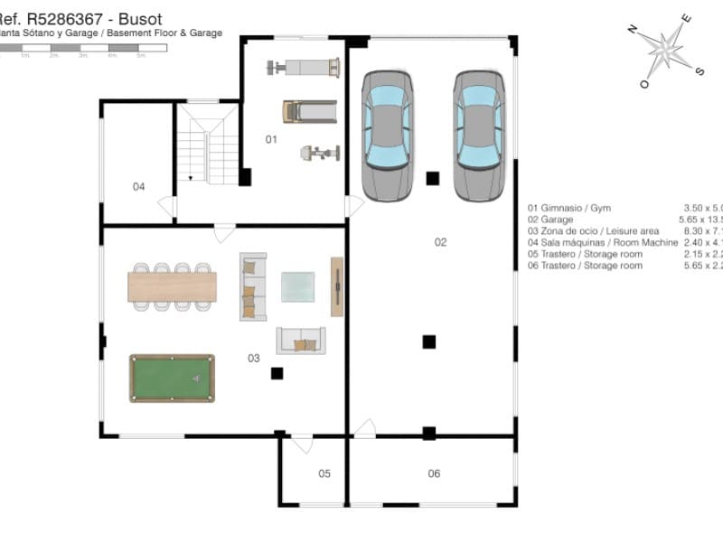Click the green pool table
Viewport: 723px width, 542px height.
172,378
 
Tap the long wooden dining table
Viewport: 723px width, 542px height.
172,286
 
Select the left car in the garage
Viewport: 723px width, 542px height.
388,135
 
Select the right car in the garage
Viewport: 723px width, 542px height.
479,135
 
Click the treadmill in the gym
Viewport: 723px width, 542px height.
309,111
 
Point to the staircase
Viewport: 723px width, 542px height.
208,145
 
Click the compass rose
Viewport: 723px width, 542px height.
667,50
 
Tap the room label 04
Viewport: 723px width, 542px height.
138,187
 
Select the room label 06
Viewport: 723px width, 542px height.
434,473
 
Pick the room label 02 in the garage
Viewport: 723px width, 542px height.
440,241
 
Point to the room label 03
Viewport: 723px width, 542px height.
254,358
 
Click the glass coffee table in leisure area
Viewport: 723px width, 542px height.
298,286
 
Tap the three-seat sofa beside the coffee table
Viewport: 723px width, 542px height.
252,285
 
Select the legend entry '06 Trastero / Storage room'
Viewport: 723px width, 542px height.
586,266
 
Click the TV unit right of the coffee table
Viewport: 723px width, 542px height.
336,286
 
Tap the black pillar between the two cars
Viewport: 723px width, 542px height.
433,178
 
